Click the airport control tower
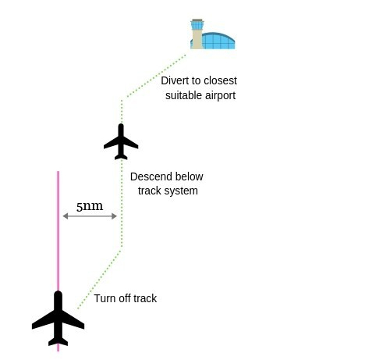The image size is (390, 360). pyautogui.click(x=197, y=34)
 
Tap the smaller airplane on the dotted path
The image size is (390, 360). pyautogui.click(x=121, y=141)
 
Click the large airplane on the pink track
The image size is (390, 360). pyautogui.click(x=58, y=319)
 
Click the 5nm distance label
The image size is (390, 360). pyautogui.click(x=90, y=206)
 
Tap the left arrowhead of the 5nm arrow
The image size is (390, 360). pyautogui.click(x=66, y=216)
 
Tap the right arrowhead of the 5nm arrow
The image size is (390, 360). pyautogui.click(x=114, y=216)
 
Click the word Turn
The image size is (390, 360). pyautogui.click(x=105, y=298)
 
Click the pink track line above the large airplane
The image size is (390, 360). pyautogui.click(x=58, y=231)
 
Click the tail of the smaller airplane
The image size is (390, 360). pyautogui.click(x=121, y=156)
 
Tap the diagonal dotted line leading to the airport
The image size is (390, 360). pyautogui.click(x=156, y=77)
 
